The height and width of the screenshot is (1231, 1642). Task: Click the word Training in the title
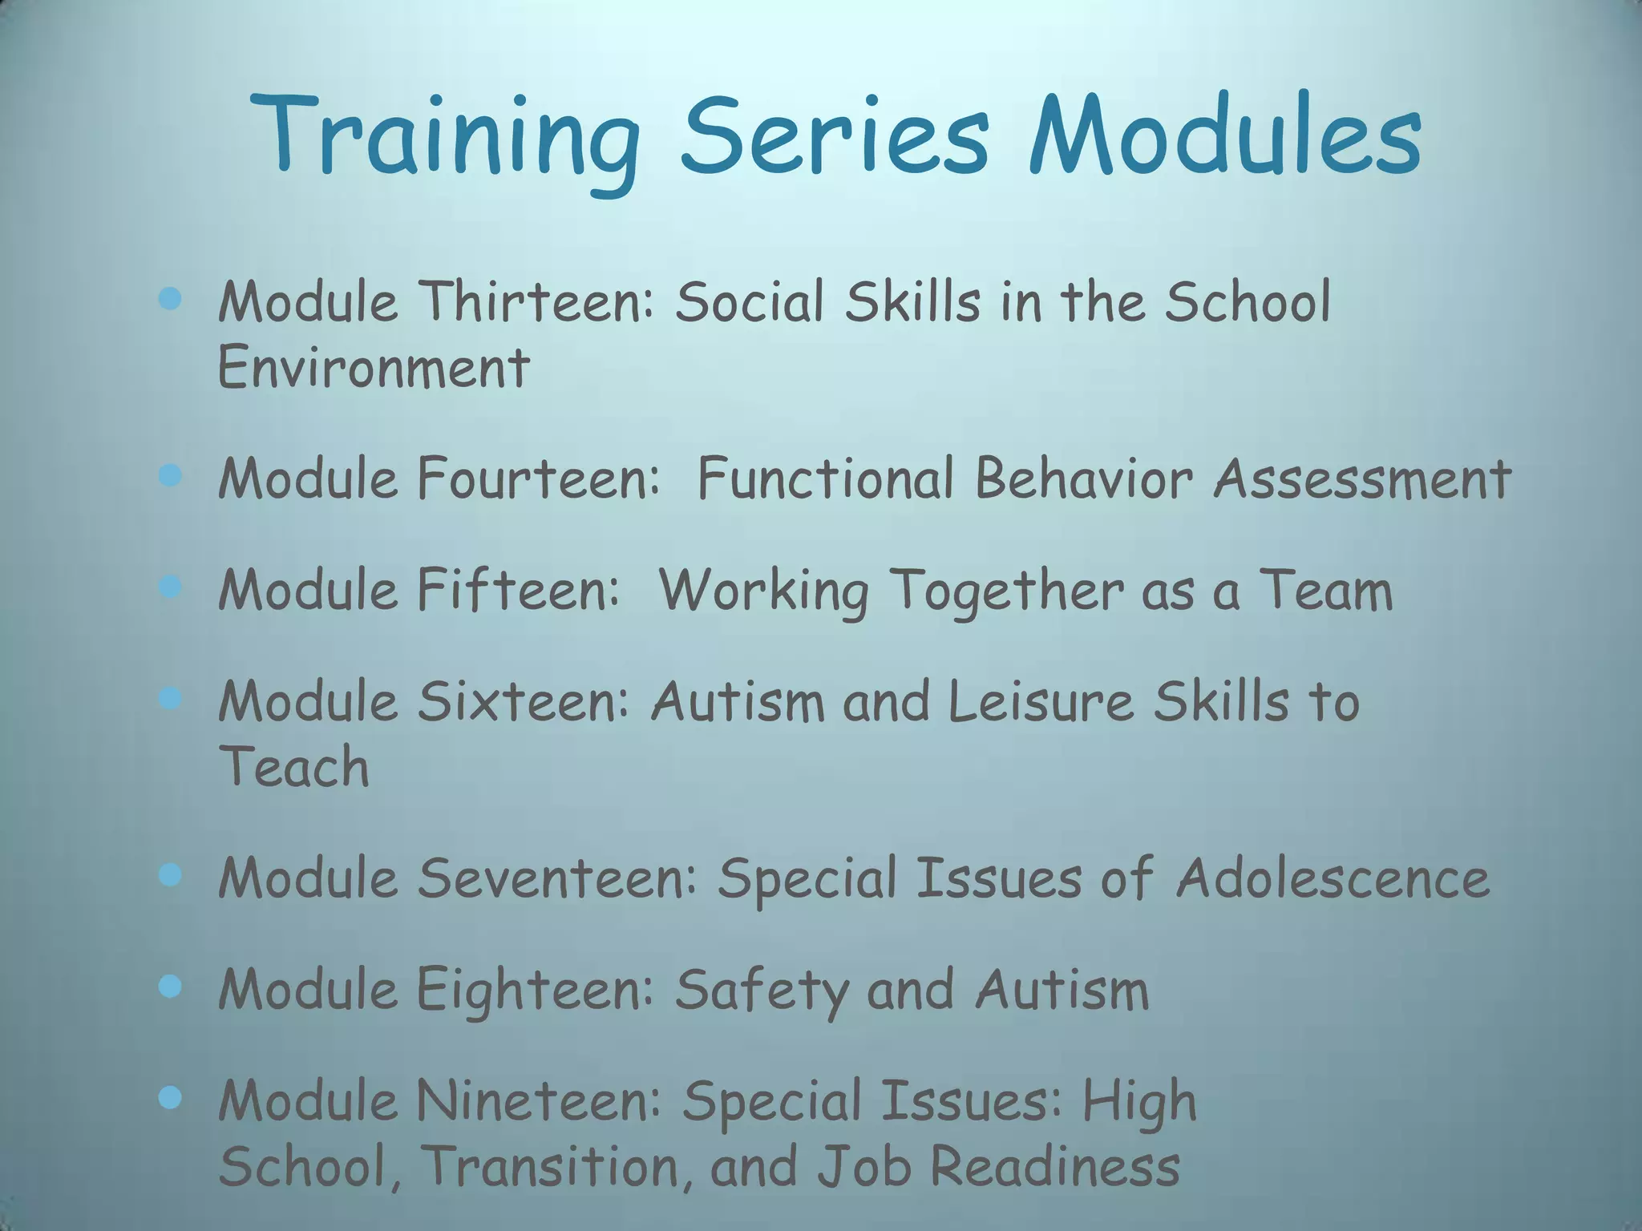[446, 136]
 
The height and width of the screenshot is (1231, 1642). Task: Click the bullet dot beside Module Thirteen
[170, 300]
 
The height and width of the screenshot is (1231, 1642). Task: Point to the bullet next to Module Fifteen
[170, 588]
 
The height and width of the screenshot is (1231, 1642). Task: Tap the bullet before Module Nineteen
[170, 1098]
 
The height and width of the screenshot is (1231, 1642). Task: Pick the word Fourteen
[537, 479]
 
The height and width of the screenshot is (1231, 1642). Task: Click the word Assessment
[1361, 479]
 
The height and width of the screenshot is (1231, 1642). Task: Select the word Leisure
[1041, 702]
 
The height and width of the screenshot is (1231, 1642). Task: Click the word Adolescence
[1333, 878]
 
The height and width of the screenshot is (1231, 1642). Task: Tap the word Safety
[760, 991]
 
